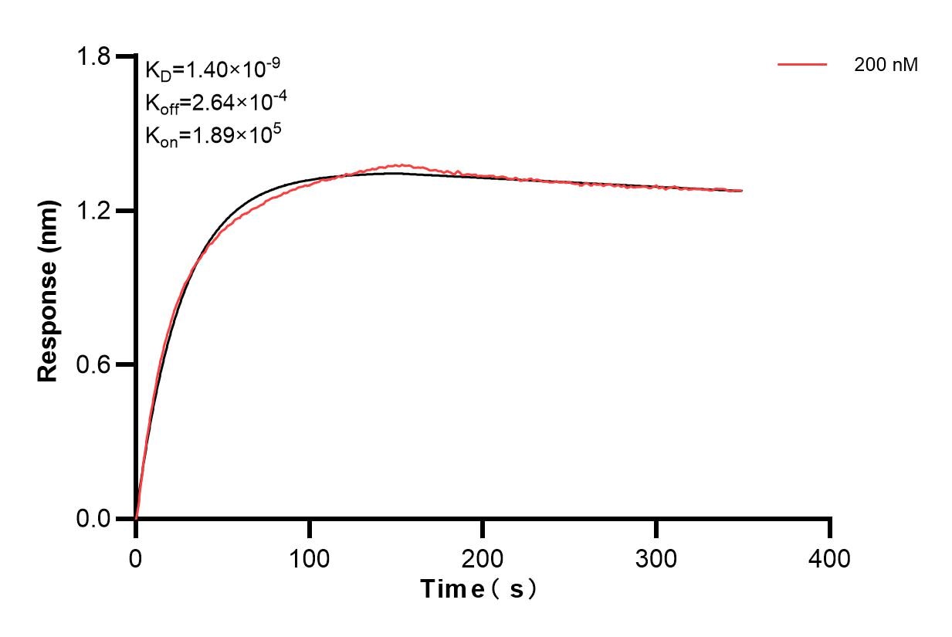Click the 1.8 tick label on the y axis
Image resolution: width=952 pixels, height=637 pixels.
point(96,57)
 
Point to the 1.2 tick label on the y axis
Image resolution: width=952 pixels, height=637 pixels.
point(96,211)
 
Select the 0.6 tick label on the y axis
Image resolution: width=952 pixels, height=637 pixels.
point(96,364)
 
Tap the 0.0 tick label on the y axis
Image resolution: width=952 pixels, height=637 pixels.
point(96,518)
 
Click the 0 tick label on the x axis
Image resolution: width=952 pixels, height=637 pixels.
point(136,557)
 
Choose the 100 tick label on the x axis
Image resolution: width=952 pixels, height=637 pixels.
point(309,557)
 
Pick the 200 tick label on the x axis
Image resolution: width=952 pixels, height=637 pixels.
point(483,557)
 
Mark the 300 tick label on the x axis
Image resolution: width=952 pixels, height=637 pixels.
point(656,557)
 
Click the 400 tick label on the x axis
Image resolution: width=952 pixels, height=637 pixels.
point(830,557)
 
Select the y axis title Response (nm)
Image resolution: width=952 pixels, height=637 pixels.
point(49,287)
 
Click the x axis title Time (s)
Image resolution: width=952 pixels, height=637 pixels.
point(479,590)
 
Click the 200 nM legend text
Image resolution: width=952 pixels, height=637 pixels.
point(886,66)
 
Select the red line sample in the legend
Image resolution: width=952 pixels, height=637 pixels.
point(802,66)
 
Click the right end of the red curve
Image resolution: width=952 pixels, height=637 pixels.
point(742,190)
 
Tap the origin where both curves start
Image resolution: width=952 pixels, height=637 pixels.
point(136,518)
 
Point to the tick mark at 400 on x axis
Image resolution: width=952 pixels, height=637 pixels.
point(830,528)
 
